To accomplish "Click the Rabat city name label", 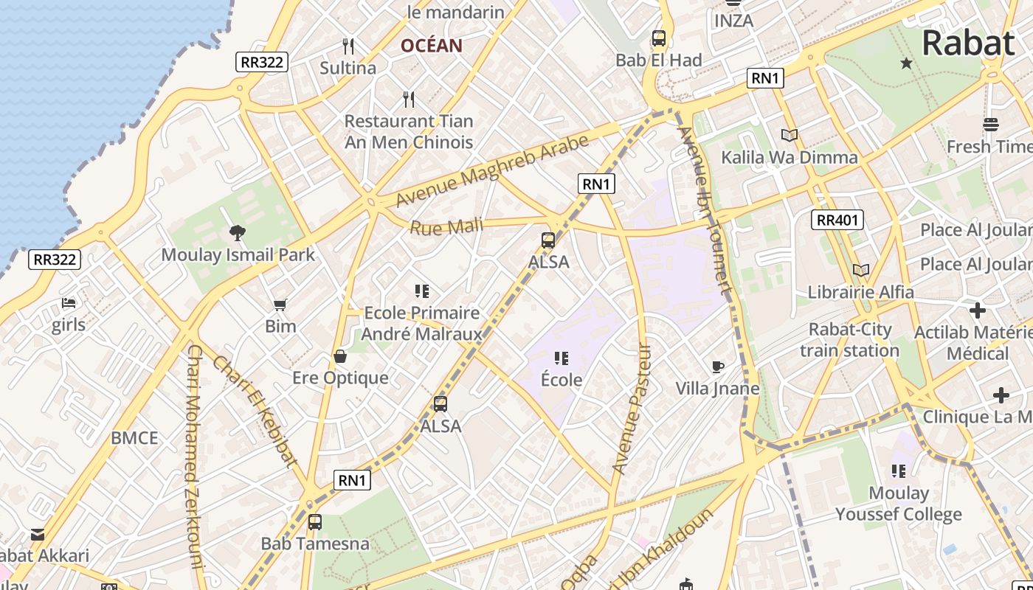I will (967, 43).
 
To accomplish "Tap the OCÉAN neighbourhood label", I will (432, 46).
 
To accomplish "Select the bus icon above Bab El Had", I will (659, 38).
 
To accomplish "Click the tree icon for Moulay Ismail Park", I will (238, 234).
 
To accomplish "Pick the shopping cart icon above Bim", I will (280, 305).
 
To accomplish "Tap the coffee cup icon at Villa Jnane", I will (717, 367).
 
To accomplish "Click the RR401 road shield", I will (837, 219).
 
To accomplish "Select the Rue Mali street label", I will (446, 227).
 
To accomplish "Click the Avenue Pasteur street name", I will (632, 409).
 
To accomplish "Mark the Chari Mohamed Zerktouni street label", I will (194, 457).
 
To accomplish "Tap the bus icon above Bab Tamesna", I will (315, 522).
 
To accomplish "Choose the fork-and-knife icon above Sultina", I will (348, 46).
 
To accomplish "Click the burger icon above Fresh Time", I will (991, 125).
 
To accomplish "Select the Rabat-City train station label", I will (850, 340).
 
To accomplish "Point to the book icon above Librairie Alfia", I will (860, 270).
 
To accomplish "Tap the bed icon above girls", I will (69, 303).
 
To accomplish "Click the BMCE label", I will (134, 438).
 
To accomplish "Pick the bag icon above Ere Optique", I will (340, 357).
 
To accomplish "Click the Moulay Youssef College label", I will (899, 504).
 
